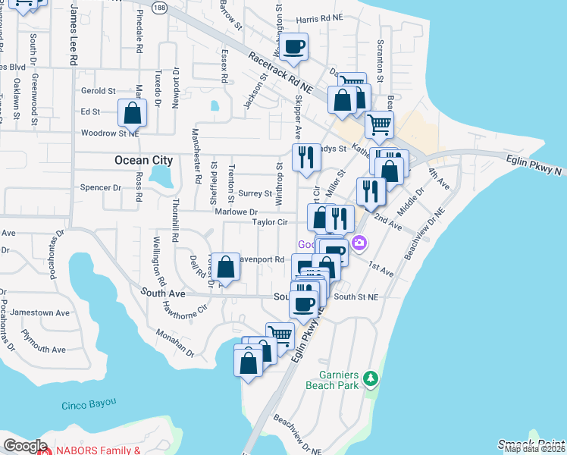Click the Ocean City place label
point(143,160)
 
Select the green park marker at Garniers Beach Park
point(370,378)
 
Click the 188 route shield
point(158,6)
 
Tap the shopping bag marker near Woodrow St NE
point(133,113)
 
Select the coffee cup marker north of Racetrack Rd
point(293,47)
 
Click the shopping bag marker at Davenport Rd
point(226,266)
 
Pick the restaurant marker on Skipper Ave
point(305,157)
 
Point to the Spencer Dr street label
point(101,187)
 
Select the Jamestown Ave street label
point(45,312)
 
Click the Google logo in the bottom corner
point(25,446)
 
